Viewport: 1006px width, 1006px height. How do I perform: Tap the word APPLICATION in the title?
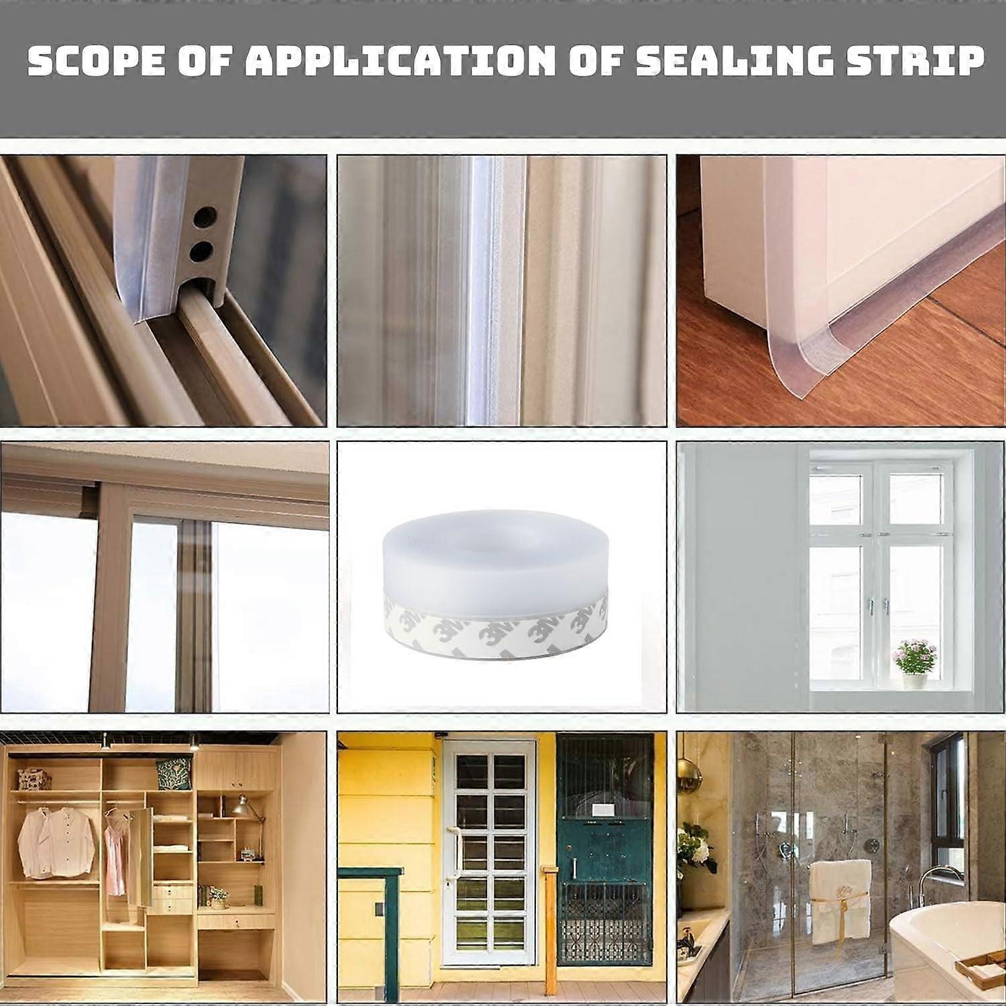coord(400,60)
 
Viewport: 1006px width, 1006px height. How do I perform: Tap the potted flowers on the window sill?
coord(915,661)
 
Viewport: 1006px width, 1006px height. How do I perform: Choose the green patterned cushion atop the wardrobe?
coord(168,774)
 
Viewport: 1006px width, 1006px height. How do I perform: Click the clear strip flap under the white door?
coord(798,369)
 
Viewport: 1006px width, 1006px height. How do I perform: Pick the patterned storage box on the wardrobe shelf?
coord(33,778)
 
